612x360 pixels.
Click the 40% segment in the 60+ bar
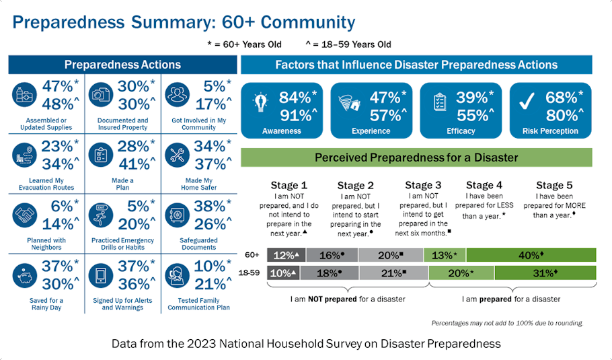(x=529, y=255)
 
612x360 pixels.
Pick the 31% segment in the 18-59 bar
(x=544, y=273)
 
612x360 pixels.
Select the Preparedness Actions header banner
(x=122, y=65)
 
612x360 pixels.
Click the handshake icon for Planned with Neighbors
(x=25, y=215)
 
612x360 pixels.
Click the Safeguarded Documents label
(x=198, y=244)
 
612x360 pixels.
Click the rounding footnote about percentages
(x=507, y=323)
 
